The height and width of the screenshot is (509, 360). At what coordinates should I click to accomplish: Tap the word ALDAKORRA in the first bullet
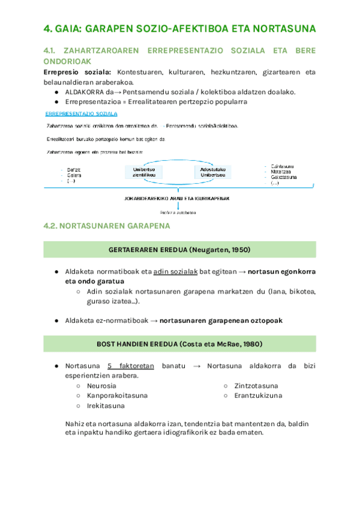[x=85, y=92]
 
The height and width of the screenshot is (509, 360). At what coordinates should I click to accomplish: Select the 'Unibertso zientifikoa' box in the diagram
[x=143, y=172]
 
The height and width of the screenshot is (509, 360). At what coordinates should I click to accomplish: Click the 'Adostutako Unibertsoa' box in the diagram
[x=212, y=172]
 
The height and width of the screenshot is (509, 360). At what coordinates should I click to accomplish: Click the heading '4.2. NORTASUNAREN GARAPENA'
[x=107, y=226]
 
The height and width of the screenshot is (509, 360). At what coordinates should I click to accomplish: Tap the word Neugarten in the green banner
[x=210, y=250]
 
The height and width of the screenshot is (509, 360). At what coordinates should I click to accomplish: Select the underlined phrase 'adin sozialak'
[x=176, y=271]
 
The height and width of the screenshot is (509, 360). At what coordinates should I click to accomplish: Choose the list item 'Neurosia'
[x=101, y=385]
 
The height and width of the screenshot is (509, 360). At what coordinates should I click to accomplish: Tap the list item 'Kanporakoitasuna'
[x=117, y=396]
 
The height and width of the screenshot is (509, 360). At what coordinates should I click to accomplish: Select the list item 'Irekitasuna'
[x=106, y=406]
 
